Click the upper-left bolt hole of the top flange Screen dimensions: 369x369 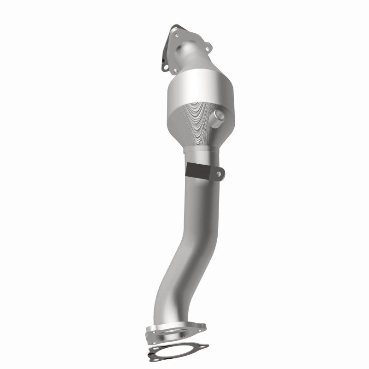click(x=177, y=35)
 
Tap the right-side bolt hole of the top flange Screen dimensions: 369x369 click(x=208, y=49)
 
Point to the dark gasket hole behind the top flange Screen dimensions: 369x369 click(x=166, y=67)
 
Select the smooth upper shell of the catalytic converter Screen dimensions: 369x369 click(x=198, y=88)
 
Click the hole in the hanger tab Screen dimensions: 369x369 click(x=220, y=173)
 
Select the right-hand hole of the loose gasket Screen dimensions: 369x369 click(x=202, y=346)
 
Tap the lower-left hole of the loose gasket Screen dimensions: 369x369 click(x=156, y=360)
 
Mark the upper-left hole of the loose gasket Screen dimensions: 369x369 click(x=156, y=348)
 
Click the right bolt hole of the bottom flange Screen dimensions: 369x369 click(x=199, y=331)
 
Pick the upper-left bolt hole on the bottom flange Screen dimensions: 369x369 click(x=154, y=332)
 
